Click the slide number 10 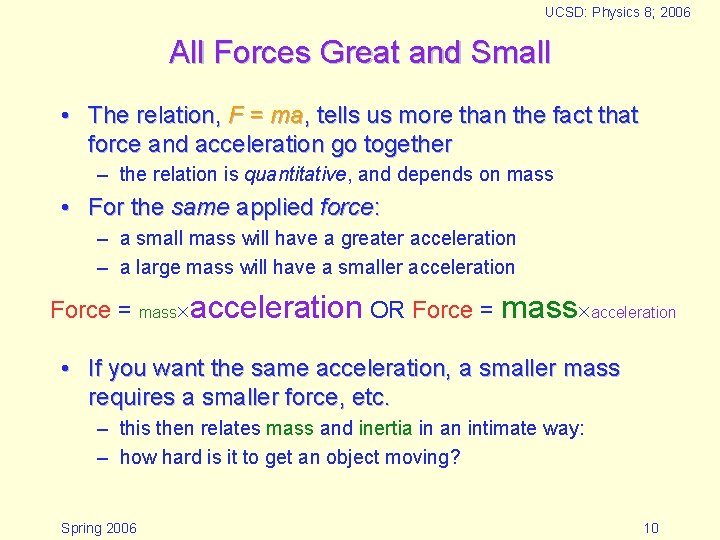click(x=651, y=528)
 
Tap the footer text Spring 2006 click(x=99, y=528)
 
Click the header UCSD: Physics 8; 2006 click(x=617, y=13)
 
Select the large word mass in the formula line click(x=539, y=308)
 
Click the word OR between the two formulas click(x=387, y=310)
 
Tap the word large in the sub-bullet click(x=156, y=268)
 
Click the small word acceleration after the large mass click(x=634, y=312)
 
